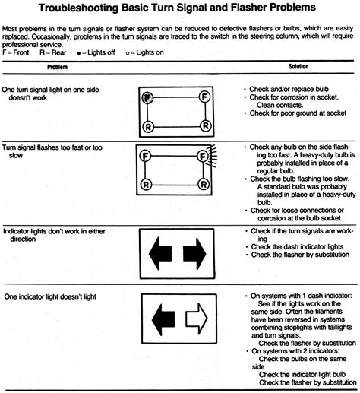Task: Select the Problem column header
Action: coord(58,67)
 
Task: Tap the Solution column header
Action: coord(298,66)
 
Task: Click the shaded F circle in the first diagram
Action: coord(147,97)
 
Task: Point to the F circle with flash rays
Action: coord(203,157)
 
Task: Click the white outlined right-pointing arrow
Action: coord(197,319)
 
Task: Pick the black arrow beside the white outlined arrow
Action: coord(163,319)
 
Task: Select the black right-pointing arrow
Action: coord(194,254)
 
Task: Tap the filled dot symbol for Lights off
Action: coord(79,53)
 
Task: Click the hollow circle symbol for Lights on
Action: coord(128,53)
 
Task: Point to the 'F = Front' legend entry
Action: coord(16,52)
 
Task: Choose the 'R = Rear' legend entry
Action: coord(53,52)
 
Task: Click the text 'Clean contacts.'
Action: coord(279,105)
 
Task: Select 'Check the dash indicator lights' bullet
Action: coord(297,246)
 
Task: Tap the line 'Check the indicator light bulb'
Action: coord(302,374)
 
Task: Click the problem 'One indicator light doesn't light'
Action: coord(50,296)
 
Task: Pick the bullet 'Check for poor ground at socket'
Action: coord(298,113)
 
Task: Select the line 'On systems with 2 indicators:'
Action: coord(295,351)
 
